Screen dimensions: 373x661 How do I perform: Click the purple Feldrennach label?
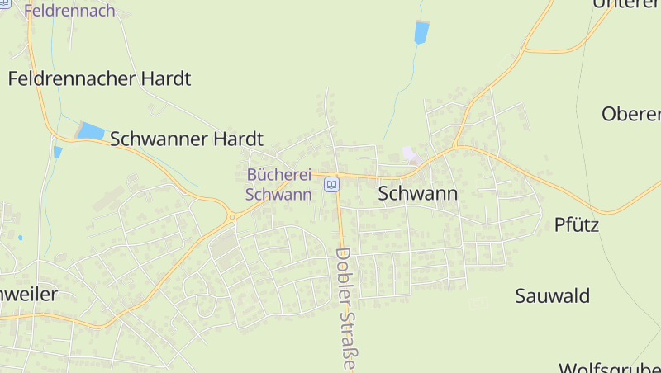69,12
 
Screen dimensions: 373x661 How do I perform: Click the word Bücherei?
278,175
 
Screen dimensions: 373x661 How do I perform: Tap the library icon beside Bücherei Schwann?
332,184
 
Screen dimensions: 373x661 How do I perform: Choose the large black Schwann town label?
417,194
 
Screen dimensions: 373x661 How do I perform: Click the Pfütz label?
576,224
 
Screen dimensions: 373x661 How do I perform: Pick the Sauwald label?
552,295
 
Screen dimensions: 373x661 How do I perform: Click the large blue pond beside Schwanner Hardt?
91,131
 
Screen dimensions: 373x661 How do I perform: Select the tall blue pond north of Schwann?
421,33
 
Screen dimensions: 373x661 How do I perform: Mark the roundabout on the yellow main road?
232,216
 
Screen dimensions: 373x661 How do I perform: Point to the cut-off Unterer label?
626,4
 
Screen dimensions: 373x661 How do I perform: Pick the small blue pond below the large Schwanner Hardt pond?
57,152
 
